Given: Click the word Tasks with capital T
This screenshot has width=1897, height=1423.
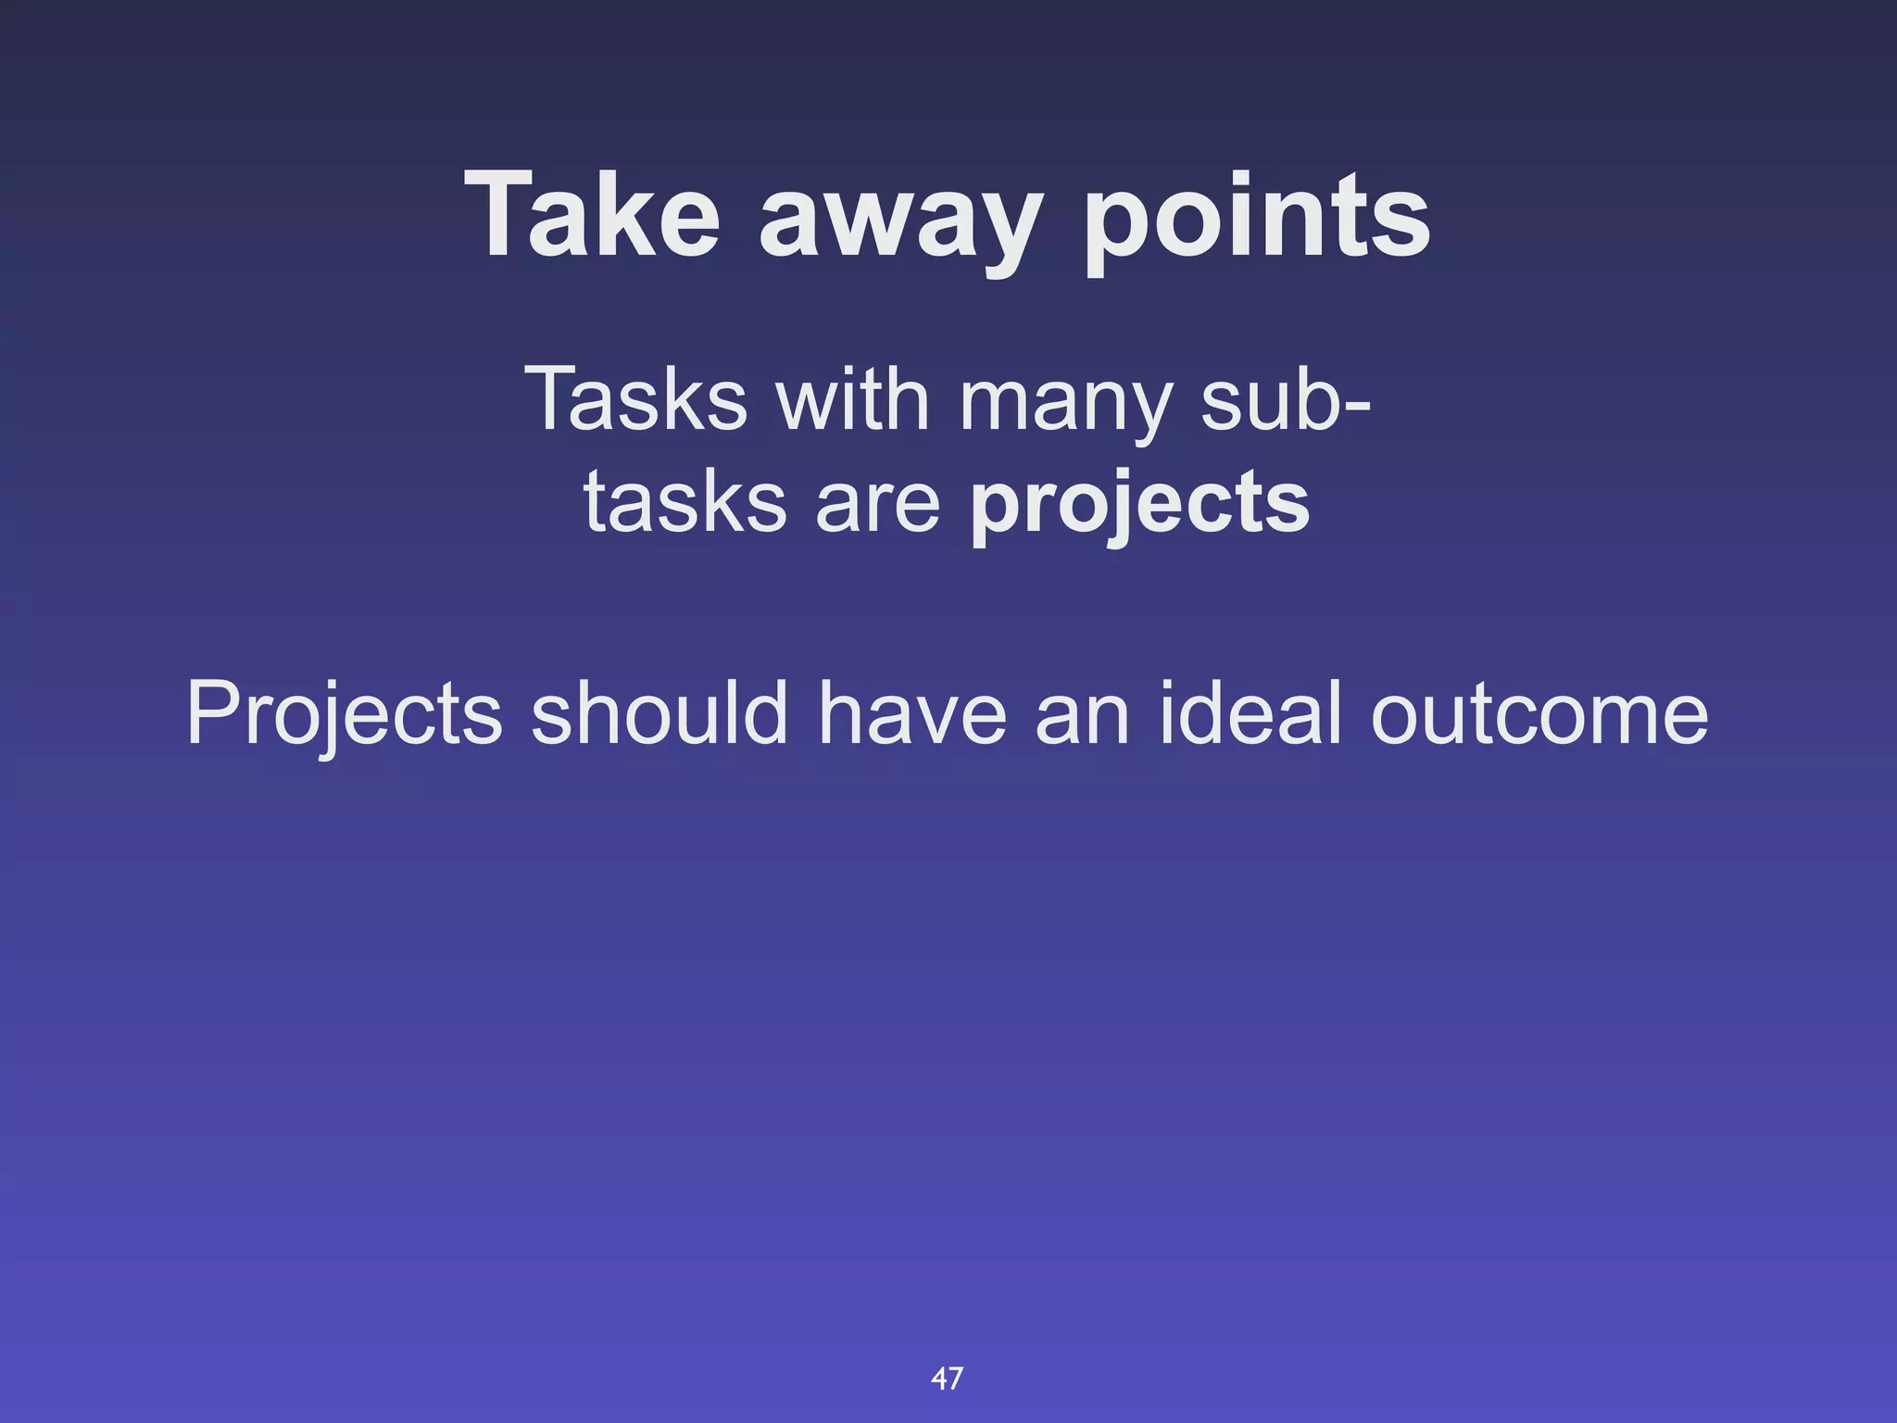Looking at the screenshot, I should (x=635, y=398).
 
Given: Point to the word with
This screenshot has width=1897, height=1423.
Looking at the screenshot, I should (x=852, y=398).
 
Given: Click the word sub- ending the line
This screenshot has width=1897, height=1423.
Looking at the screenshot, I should (x=1286, y=400).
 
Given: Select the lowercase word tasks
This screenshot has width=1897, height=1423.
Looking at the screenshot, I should (x=685, y=502).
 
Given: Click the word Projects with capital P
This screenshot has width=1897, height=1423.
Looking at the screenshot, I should (x=345, y=713).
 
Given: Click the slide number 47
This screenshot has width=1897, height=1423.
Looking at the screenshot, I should (x=947, y=1378).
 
